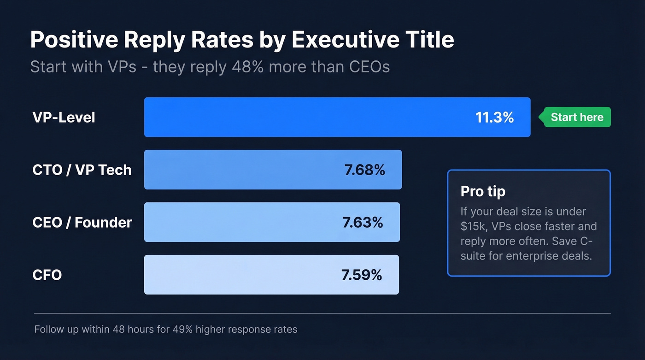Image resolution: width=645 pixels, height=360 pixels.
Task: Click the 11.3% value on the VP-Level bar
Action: (x=494, y=117)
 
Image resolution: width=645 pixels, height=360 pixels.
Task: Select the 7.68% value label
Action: (x=364, y=170)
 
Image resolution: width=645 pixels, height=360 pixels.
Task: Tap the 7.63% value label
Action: (x=363, y=222)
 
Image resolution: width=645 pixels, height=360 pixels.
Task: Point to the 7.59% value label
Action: (x=362, y=275)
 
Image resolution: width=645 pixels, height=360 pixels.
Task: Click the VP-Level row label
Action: (x=64, y=117)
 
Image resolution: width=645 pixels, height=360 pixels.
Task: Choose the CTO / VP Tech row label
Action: (x=82, y=170)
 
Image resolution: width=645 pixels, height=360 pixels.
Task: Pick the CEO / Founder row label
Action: (x=82, y=222)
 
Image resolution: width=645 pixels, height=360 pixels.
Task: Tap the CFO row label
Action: (x=47, y=275)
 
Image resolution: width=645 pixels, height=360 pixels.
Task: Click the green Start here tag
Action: (x=576, y=117)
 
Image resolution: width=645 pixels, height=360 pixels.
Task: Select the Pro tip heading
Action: (x=483, y=191)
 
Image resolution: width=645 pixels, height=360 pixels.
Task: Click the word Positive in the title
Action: (x=73, y=40)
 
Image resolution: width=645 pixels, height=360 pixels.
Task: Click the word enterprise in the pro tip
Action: (x=530, y=256)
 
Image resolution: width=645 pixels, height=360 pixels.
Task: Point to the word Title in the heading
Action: (x=432, y=40)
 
